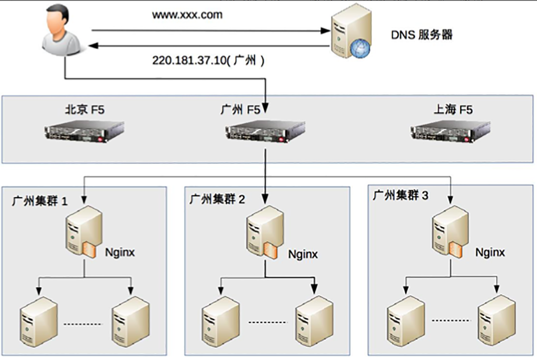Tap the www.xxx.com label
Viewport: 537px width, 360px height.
187,15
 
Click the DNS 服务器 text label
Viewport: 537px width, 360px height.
422,34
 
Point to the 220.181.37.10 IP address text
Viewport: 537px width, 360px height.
190,61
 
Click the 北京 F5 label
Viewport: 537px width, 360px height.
84,110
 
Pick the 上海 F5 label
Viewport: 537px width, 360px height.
453,109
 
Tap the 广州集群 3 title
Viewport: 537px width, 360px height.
400,195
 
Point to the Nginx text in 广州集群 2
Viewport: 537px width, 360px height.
303,255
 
